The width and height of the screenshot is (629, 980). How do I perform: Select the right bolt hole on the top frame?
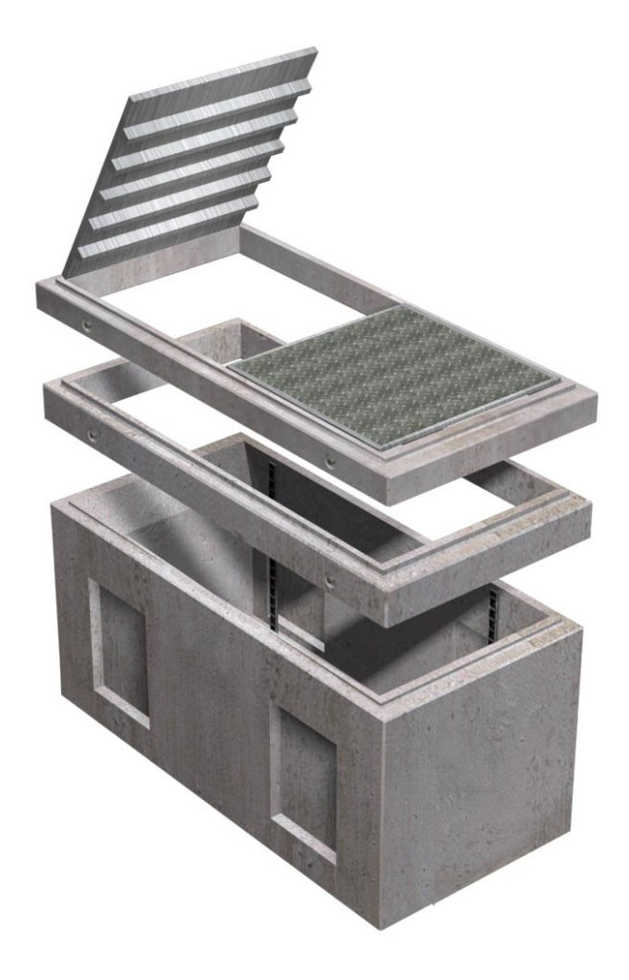331,461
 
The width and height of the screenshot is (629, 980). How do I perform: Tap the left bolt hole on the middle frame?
94,435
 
